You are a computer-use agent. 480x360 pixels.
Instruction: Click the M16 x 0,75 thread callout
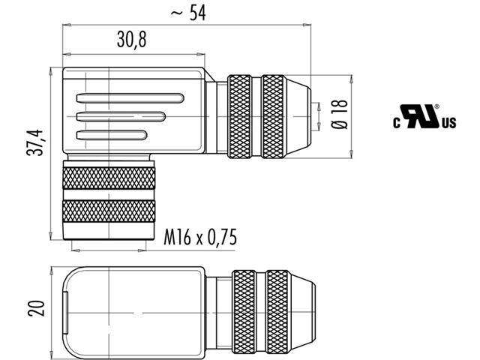pyautogui.click(x=200, y=238)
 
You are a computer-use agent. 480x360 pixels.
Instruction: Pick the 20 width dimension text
pyautogui.click(x=35, y=307)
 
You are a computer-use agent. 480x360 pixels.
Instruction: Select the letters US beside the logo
pyautogui.click(x=448, y=124)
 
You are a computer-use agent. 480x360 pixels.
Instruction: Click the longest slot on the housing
pyautogui.click(x=128, y=97)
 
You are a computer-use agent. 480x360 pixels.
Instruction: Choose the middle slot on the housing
pyautogui.click(x=120, y=116)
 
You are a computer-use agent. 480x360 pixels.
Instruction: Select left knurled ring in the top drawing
pyautogui.click(x=241, y=116)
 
